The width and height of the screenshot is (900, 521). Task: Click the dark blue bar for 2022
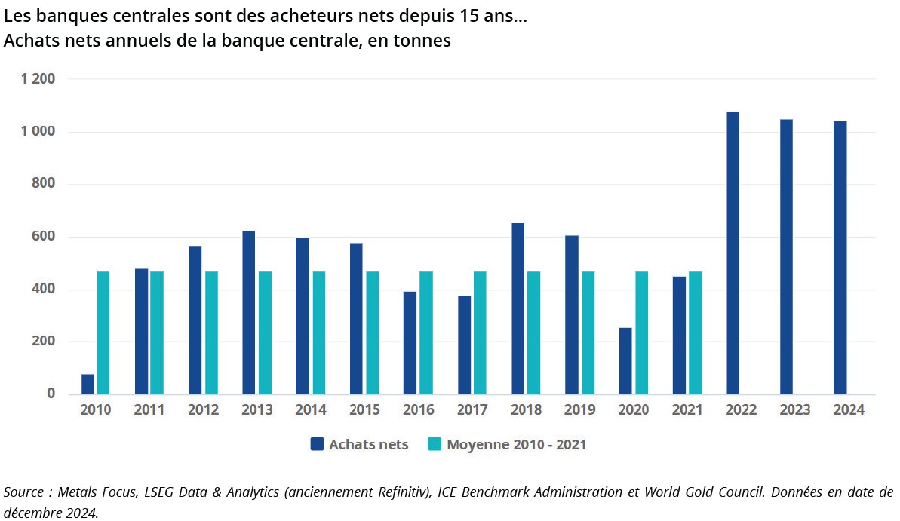click(x=733, y=253)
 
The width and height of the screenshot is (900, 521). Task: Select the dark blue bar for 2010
click(x=88, y=384)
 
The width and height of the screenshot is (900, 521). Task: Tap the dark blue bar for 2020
click(x=625, y=360)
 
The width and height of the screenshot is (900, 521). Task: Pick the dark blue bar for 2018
click(x=518, y=308)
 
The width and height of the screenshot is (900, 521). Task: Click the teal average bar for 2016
click(x=425, y=333)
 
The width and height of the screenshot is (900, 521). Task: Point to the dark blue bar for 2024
click(x=840, y=257)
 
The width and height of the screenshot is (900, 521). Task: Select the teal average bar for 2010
click(x=103, y=333)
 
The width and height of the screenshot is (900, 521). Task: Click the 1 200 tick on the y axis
click(x=38, y=79)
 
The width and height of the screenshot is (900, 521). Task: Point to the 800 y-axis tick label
click(x=45, y=184)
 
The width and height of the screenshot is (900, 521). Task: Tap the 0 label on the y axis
click(x=51, y=394)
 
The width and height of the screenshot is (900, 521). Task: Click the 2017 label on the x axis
click(x=472, y=410)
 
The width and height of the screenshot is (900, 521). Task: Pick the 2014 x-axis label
click(x=311, y=410)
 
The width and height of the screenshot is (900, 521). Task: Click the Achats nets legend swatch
click(x=318, y=444)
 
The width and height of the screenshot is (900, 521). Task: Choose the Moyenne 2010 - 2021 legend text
click(x=516, y=444)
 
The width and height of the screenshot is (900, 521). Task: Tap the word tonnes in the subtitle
click(x=422, y=41)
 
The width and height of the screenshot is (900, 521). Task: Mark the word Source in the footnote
click(x=24, y=492)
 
